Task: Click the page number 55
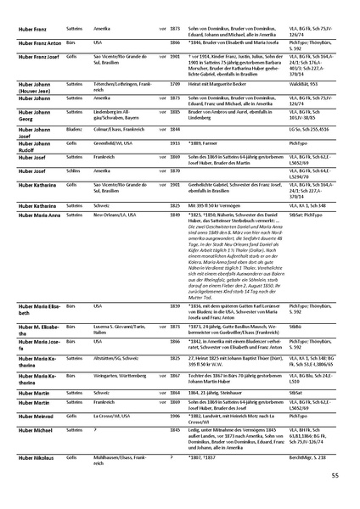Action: click(335, 476)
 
